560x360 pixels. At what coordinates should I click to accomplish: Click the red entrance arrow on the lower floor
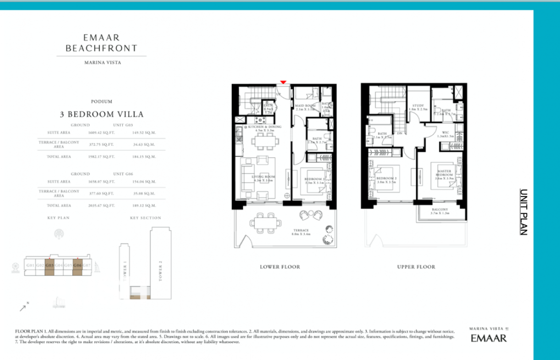(x=283, y=82)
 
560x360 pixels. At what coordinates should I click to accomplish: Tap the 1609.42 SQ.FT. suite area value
(x=101, y=132)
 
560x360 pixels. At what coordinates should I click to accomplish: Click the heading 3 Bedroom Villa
(x=101, y=114)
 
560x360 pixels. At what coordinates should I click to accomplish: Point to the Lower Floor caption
(x=280, y=267)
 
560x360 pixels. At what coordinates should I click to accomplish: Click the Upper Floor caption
(x=416, y=267)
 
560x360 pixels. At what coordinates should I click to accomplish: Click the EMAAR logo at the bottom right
(x=488, y=338)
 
